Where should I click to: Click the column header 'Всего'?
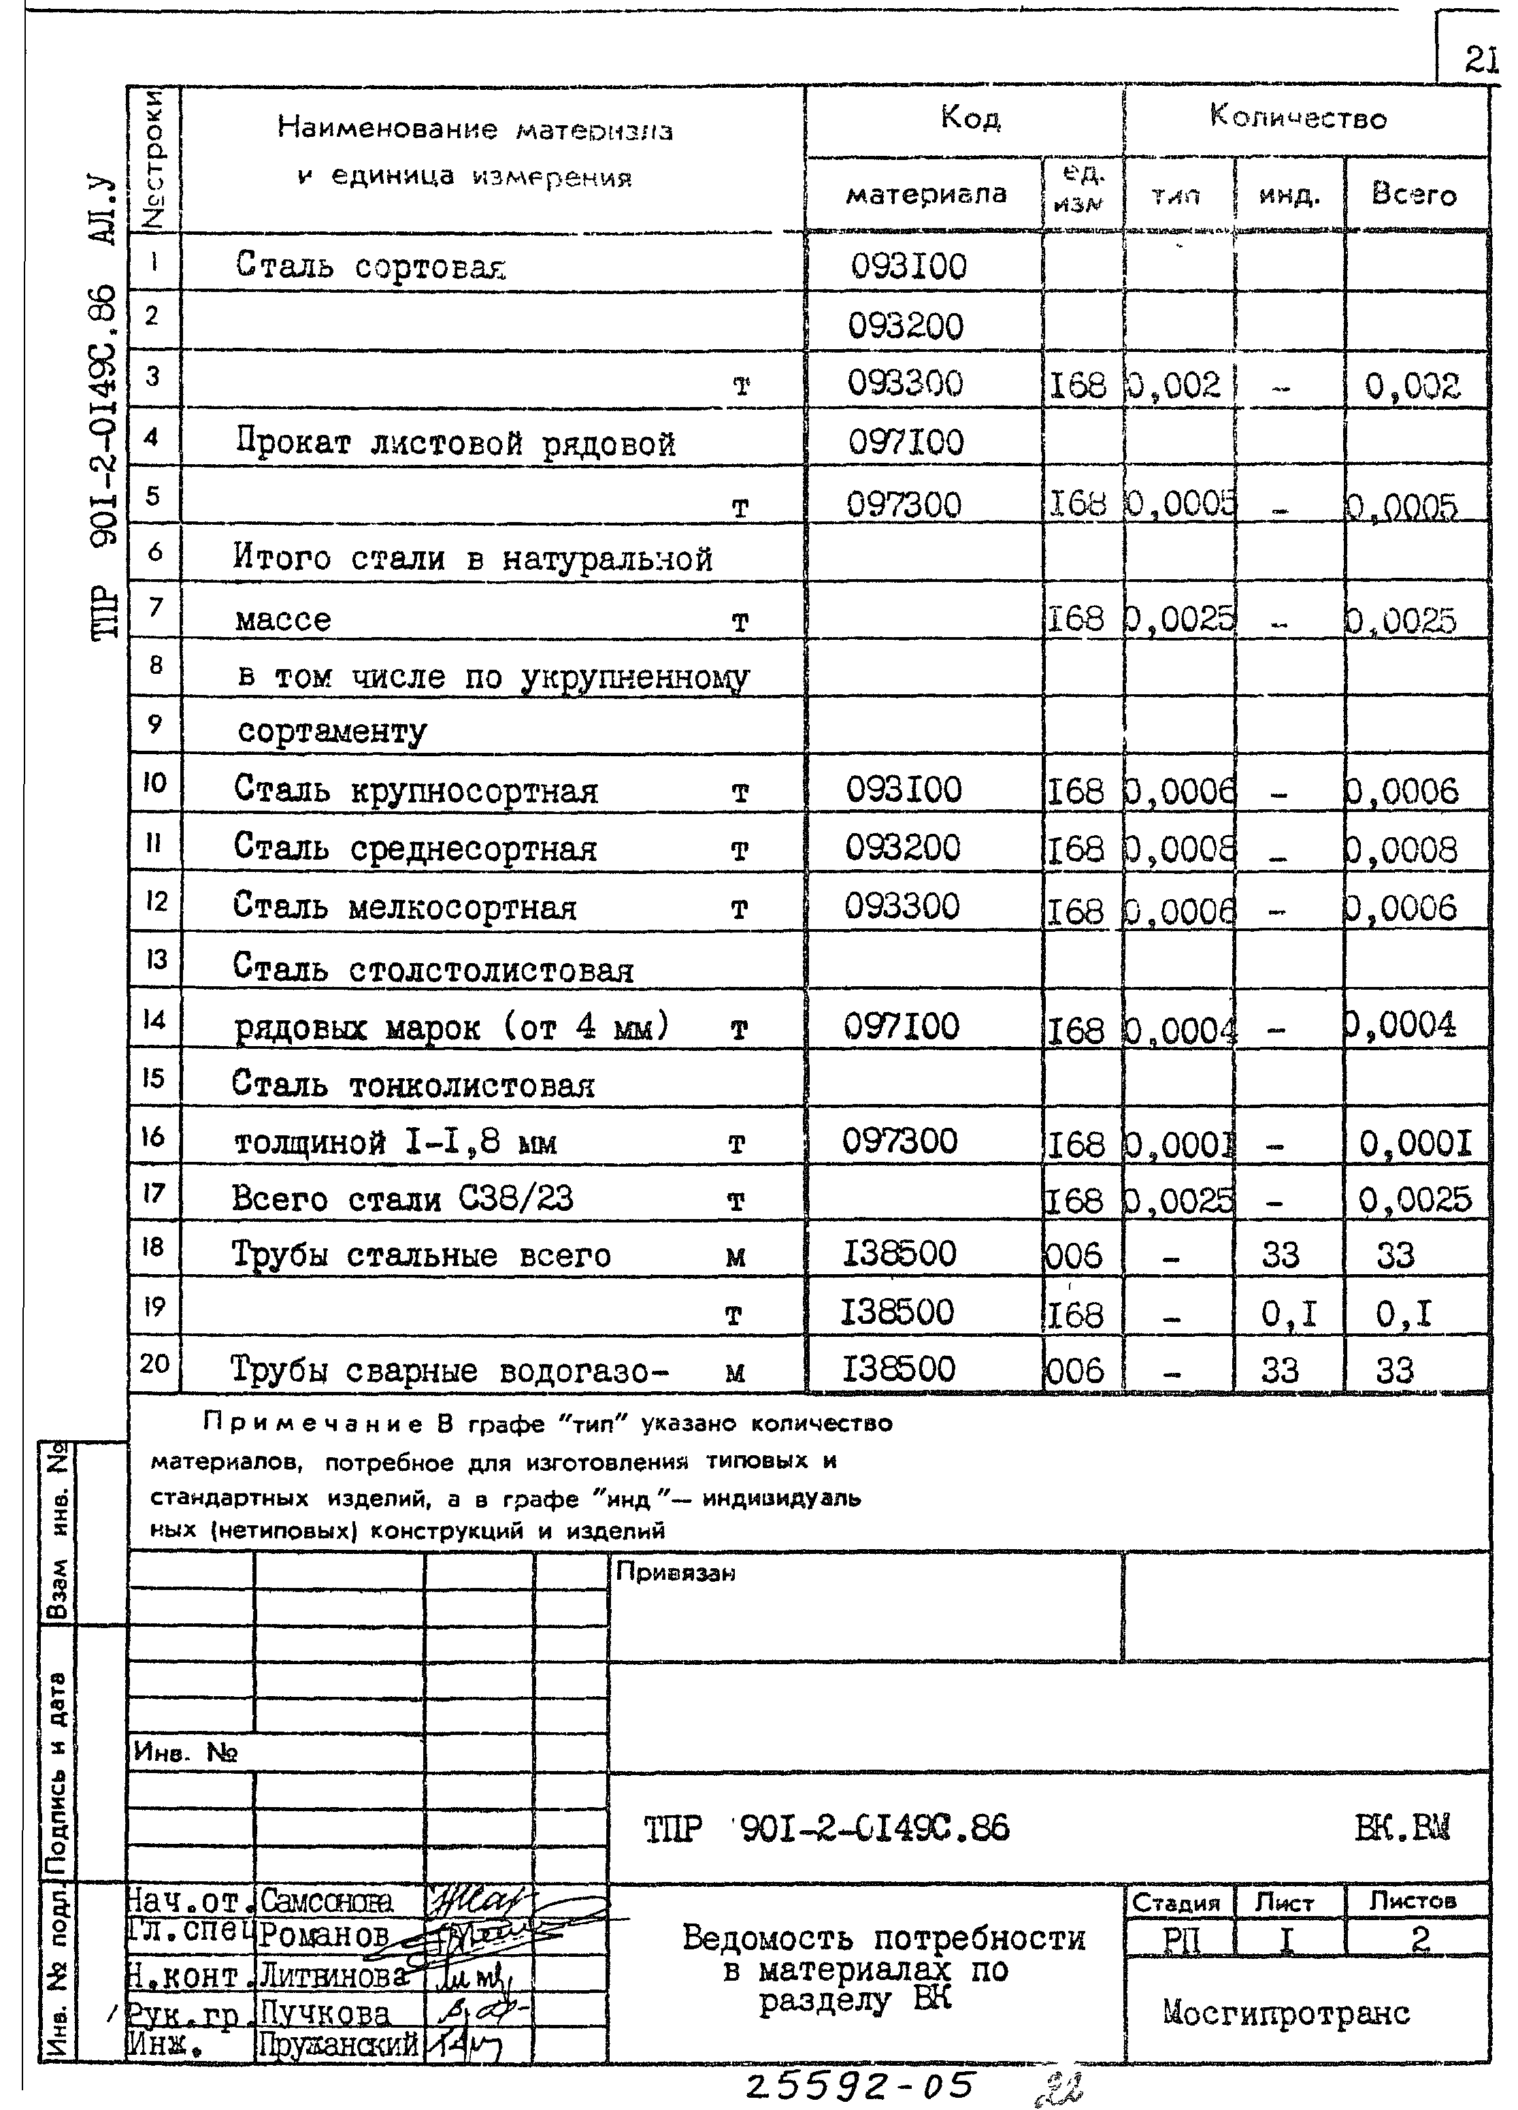point(1413,195)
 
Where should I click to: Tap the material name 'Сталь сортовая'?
point(370,266)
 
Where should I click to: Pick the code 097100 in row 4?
point(906,442)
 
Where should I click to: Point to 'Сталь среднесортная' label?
point(415,849)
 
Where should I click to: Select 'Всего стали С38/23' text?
point(402,1199)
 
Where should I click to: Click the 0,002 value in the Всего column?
point(1412,385)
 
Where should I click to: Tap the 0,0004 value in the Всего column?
point(1400,1025)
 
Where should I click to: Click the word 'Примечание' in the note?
point(312,1423)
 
